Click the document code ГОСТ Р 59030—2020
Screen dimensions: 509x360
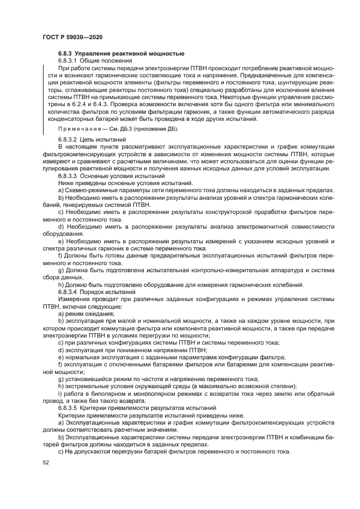[72, 36]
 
